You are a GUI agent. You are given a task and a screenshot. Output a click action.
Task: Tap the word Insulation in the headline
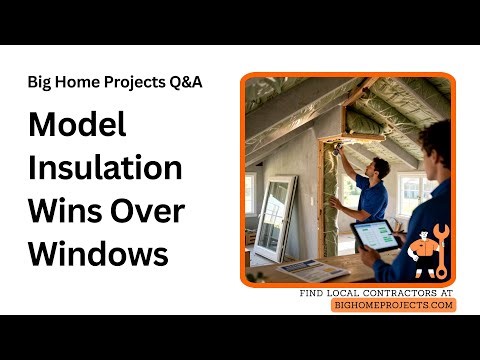click(105, 168)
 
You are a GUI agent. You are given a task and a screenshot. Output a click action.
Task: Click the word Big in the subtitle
click(41, 82)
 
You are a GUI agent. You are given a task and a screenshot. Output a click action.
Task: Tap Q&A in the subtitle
click(186, 82)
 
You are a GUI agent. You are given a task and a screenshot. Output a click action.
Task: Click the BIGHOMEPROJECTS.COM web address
click(393, 305)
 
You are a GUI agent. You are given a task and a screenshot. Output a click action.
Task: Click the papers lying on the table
click(311, 268)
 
